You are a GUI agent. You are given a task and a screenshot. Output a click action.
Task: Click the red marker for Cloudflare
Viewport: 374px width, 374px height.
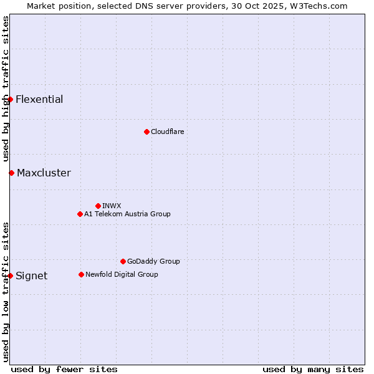146,132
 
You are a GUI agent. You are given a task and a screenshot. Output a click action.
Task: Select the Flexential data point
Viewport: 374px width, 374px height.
10,99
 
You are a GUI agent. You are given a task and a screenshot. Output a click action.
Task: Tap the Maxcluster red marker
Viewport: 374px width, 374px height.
11,173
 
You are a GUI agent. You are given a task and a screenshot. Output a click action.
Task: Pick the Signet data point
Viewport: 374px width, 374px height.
10,276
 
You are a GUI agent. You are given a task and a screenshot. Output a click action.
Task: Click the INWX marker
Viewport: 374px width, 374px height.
98,206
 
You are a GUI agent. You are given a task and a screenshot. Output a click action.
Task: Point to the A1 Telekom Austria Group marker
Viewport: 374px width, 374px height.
80,214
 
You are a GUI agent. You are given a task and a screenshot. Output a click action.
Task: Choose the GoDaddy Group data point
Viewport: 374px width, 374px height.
123,261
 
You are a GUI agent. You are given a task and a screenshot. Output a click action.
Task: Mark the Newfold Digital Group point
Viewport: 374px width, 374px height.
81,274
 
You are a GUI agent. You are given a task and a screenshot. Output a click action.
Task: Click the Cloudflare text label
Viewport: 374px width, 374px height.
167,132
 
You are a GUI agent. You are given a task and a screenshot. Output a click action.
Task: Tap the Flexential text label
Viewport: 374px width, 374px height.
39,100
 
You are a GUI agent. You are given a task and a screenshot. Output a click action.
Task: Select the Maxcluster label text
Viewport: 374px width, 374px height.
44,173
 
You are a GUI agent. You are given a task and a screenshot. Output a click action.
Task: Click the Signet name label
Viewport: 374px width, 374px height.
31,276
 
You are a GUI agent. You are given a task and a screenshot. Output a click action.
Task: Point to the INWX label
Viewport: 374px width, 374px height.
112,206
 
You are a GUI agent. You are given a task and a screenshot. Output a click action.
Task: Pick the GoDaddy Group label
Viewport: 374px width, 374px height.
153,261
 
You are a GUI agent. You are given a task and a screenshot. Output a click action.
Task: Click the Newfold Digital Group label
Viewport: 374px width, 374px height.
122,274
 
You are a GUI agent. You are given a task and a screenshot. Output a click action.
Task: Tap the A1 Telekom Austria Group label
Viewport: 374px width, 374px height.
127,214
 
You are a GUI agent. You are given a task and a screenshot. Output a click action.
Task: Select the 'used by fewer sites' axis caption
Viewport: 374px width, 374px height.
64,370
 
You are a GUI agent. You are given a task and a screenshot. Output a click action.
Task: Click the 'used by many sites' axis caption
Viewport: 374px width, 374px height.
313,370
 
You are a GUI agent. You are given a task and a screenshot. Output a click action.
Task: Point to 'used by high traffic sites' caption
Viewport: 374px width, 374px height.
6,89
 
